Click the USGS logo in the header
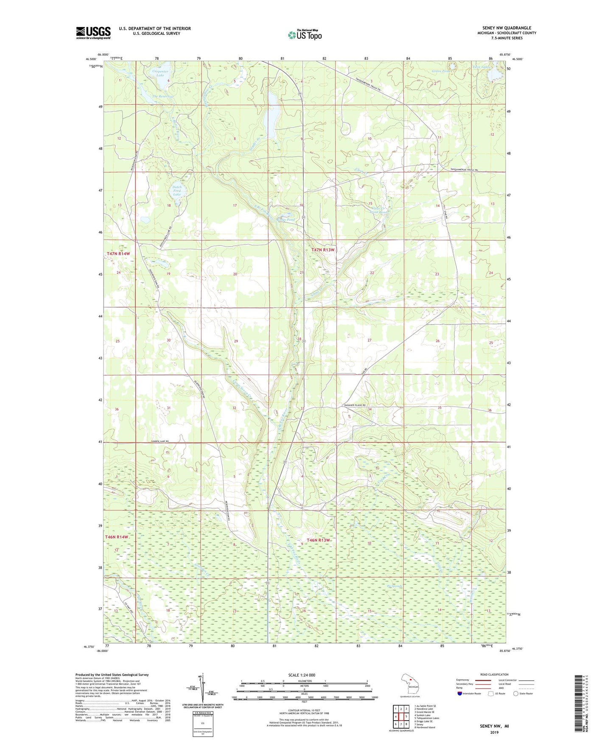point(93,33)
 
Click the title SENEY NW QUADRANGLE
point(507,28)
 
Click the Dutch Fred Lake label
point(177,191)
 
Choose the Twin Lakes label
point(481,67)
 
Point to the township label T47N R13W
point(323,250)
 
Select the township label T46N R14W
point(117,537)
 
